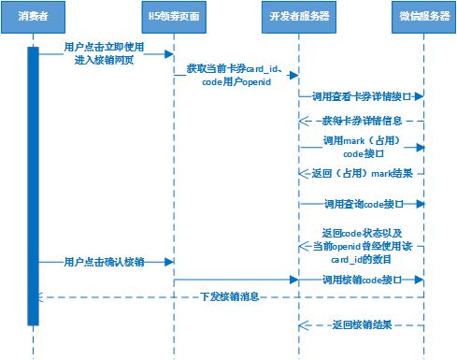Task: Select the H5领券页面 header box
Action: tap(174, 16)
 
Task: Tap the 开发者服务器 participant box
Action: tap(298, 16)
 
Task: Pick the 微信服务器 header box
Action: tap(424, 16)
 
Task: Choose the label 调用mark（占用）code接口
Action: tap(361, 146)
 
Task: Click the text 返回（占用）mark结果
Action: tap(361, 174)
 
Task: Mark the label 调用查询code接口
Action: tap(361, 203)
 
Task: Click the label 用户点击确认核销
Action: tap(103, 262)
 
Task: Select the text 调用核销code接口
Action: tap(361, 279)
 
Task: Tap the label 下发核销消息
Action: tap(229, 296)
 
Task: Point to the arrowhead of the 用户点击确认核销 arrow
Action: tap(169, 262)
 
